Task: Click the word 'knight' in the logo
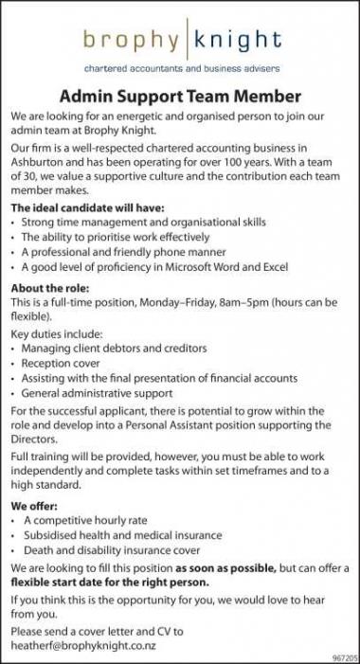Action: tap(238, 40)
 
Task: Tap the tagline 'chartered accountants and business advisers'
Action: tap(180, 70)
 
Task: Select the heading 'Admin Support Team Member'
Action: tap(180, 97)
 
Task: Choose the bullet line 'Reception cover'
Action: tap(63, 363)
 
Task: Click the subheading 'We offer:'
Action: tap(35, 506)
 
